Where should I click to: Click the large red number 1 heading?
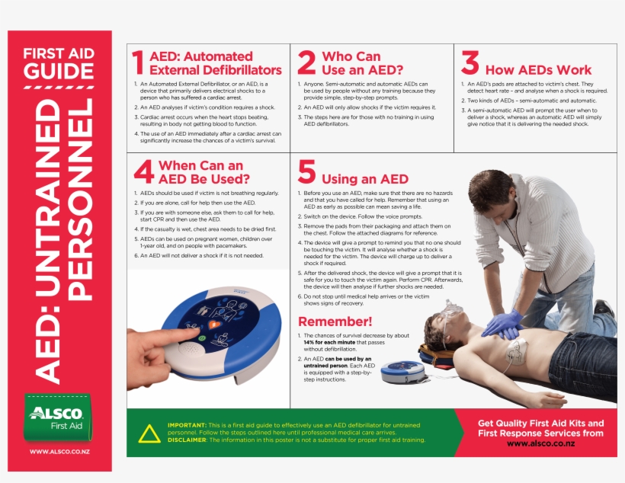[x=137, y=62]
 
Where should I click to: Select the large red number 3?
[x=470, y=62]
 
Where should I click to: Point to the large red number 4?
[x=143, y=172]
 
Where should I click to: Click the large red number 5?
[x=306, y=172]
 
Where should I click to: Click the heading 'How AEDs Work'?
[x=538, y=70]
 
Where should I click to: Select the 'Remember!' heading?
[x=335, y=321]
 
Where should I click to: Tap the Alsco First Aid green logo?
[x=58, y=417]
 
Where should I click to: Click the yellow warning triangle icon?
[x=150, y=433]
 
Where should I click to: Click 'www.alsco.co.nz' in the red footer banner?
[x=540, y=444]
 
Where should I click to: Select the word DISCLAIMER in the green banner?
[x=187, y=440]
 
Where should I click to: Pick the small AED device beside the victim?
[x=402, y=371]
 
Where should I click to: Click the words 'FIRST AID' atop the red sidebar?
[x=59, y=54]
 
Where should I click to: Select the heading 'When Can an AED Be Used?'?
[x=204, y=172]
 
